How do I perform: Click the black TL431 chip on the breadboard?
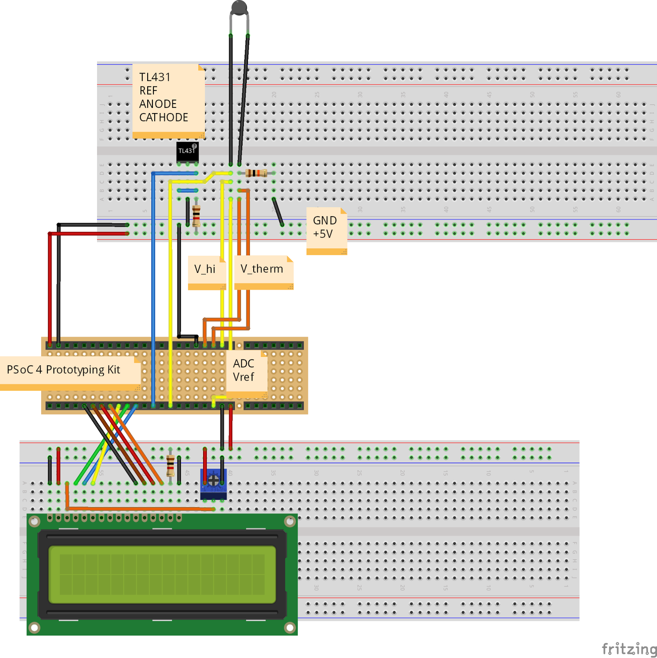pyautogui.click(x=187, y=151)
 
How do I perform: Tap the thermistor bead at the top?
pyautogui.click(x=239, y=7)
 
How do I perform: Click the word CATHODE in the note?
pyautogui.click(x=163, y=118)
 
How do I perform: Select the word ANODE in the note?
pyautogui.click(x=157, y=104)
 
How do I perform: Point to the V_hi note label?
pyautogui.click(x=205, y=269)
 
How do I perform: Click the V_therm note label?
pyautogui.click(x=261, y=269)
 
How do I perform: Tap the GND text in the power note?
pyautogui.click(x=324, y=220)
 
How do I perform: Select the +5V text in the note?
pyautogui.click(x=323, y=234)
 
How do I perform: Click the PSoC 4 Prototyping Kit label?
pyautogui.click(x=63, y=370)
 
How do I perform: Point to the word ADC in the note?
pyautogui.click(x=243, y=364)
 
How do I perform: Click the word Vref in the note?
pyautogui.click(x=243, y=377)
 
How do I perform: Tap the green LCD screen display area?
pyautogui.click(x=162, y=574)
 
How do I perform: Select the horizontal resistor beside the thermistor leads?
pyautogui.click(x=256, y=173)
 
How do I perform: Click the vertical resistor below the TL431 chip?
pyautogui.click(x=196, y=215)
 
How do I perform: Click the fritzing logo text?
pyautogui.click(x=629, y=649)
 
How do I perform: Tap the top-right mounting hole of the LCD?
pyautogui.click(x=290, y=521)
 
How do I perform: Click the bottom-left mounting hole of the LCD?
pyautogui.click(x=35, y=628)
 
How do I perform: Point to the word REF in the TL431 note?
pyautogui.click(x=148, y=91)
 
